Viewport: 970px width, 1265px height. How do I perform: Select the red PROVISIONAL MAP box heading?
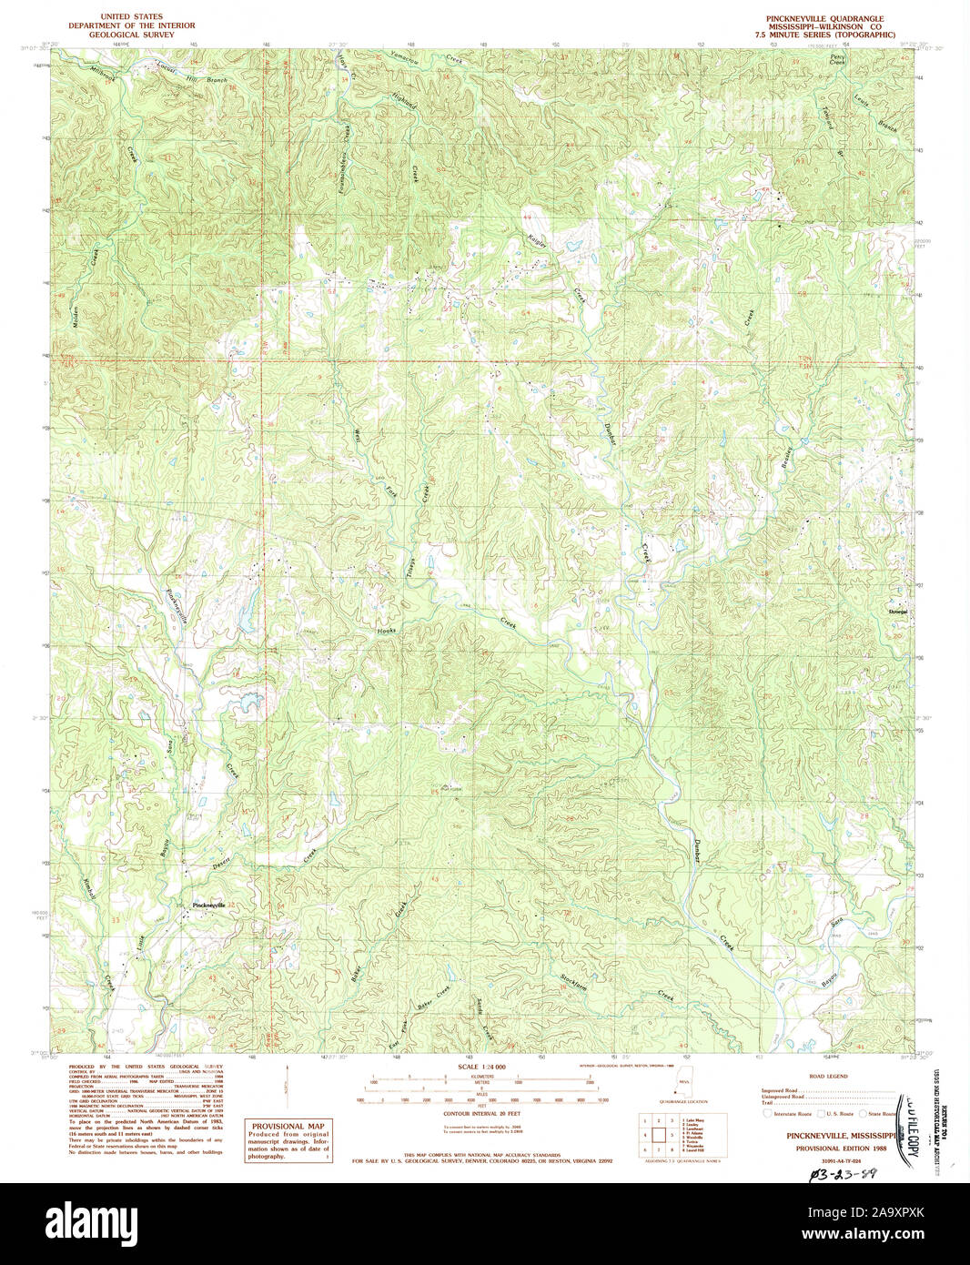pos(289,1126)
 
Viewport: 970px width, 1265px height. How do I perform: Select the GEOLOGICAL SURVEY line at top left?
pos(118,34)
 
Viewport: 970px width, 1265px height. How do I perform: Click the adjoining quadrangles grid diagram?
pos(659,1135)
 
